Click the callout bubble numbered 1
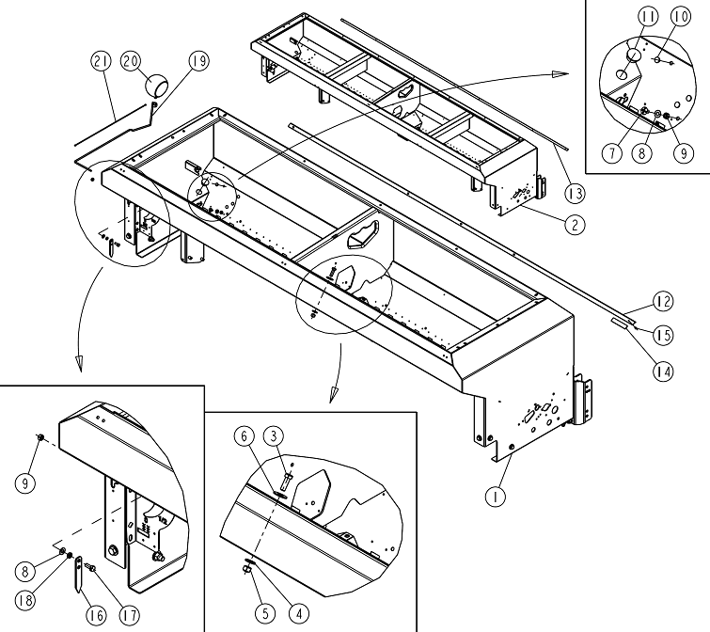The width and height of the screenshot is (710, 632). (x=496, y=497)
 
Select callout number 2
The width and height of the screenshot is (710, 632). (x=575, y=224)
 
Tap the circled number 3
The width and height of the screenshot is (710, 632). (x=274, y=436)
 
